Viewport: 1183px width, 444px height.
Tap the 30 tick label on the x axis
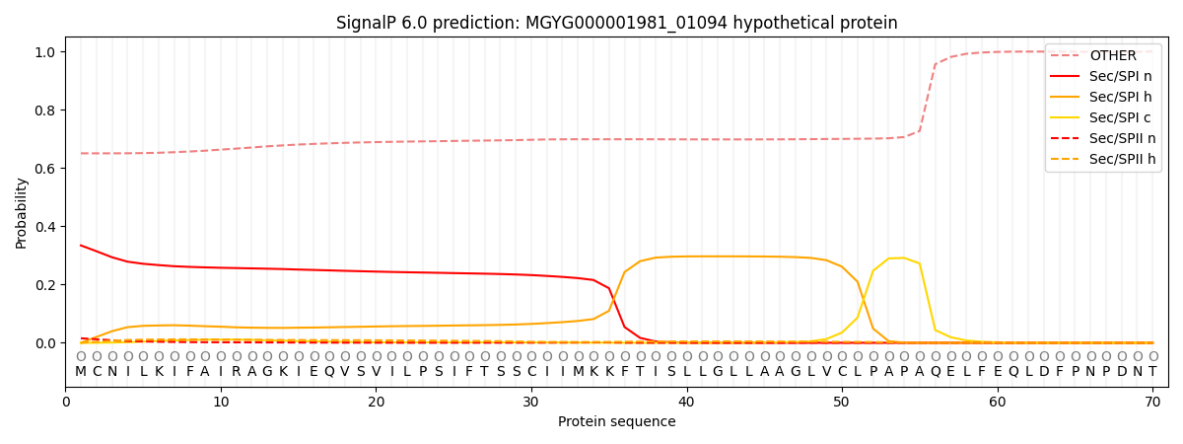click(x=531, y=403)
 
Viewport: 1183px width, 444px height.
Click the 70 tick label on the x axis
click(x=1152, y=403)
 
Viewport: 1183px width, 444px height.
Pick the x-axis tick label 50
click(x=842, y=403)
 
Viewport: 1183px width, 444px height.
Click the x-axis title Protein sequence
click(x=617, y=422)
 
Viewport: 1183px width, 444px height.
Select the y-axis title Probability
click(x=22, y=213)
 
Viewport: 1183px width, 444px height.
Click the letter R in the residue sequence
click(x=237, y=372)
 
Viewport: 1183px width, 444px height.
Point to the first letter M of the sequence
click(x=81, y=372)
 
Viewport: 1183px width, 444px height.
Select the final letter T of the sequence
click(x=1152, y=372)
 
